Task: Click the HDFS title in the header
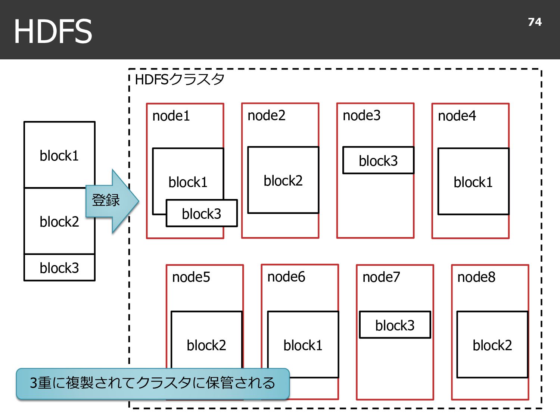pos(53,31)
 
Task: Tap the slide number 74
pos(535,22)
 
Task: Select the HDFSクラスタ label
pos(179,79)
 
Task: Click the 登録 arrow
pos(112,201)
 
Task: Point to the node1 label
pos(171,116)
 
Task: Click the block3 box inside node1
pos(202,213)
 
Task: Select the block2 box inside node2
pos(283,180)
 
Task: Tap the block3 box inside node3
pos(378,160)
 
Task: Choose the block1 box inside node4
pos(473,181)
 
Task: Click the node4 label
pos(457,116)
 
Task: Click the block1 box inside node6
pos(303,344)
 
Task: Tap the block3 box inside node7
pos(395,325)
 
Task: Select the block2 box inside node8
pos(492,344)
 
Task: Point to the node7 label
pos(381,277)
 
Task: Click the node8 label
pos(476,277)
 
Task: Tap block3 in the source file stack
pos(59,268)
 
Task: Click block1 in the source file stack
pos(59,155)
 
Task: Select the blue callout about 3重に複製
pos(153,384)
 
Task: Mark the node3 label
pos(361,115)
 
